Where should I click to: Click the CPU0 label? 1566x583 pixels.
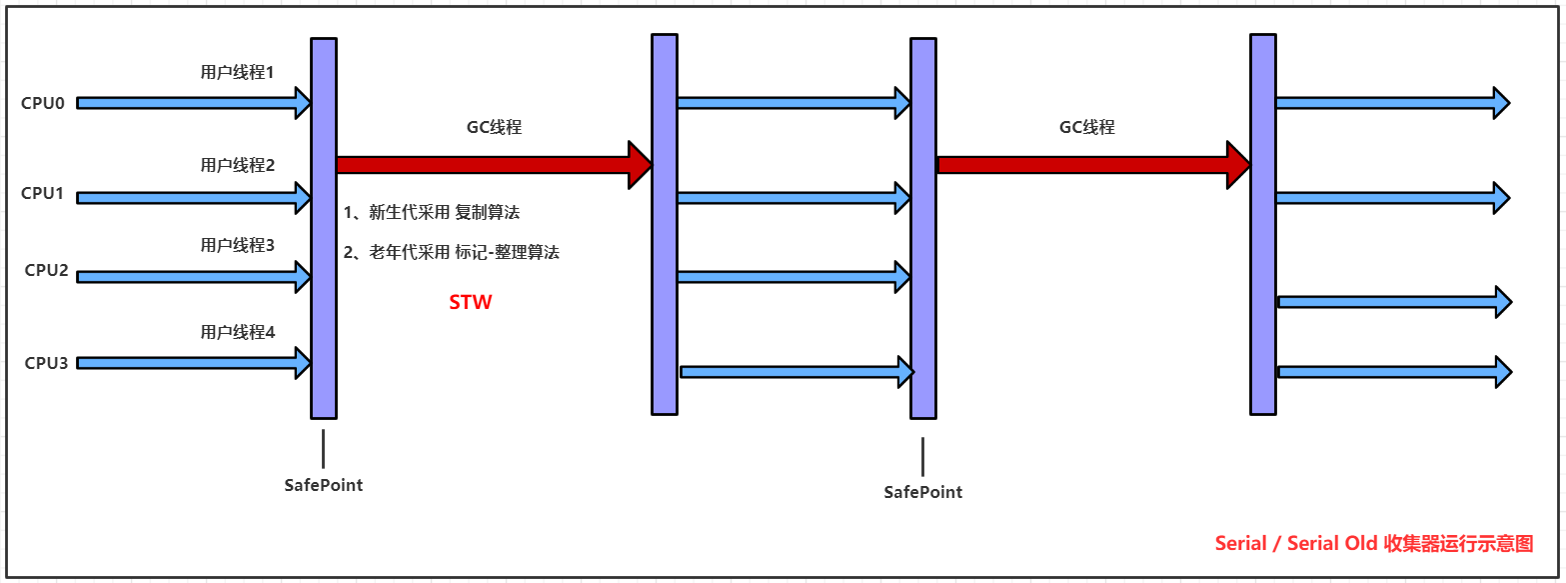point(43,102)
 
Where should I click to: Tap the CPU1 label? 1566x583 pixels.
point(43,193)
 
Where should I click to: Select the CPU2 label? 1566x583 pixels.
point(46,270)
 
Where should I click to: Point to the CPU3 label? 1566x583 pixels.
point(46,363)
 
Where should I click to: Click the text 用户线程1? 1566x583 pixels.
point(237,73)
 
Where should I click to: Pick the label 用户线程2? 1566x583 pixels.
point(237,165)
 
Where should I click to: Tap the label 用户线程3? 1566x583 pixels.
point(237,245)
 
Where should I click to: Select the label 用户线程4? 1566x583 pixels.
point(237,332)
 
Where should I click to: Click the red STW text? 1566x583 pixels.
point(470,302)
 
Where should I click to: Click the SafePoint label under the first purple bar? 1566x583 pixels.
point(324,485)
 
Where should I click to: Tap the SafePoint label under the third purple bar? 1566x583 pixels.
point(923,492)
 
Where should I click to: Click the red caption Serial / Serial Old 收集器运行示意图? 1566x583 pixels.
point(1373,544)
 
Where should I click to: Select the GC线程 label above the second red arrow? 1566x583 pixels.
point(1086,127)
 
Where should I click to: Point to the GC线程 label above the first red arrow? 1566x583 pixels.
point(494,127)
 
